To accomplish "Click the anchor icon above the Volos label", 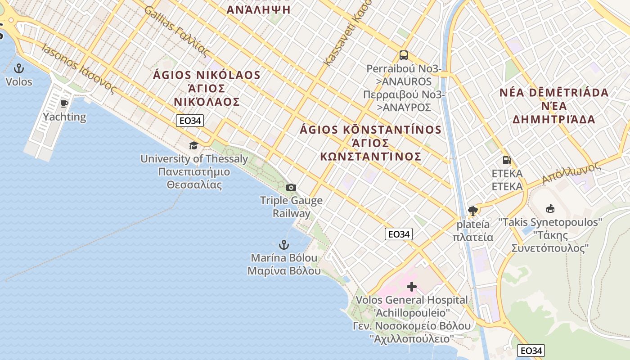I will pyautogui.click(x=19, y=68).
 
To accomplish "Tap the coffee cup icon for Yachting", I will pyautogui.click(x=64, y=104).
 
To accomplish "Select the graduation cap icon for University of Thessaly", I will pyautogui.click(x=193, y=145).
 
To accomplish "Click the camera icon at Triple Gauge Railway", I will pyautogui.click(x=291, y=187).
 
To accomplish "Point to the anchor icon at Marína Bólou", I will pyautogui.click(x=283, y=245).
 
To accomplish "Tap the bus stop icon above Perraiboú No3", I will pyautogui.click(x=404, y=55).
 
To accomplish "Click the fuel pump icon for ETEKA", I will pyautogui.click(x=507, y=160).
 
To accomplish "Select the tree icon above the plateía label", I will pyautogui.click(x=473, y=211).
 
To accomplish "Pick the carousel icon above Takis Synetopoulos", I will pyautogui.click(x=550, y=209).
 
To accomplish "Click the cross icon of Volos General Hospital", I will pyautogui.click(x=411, y=287).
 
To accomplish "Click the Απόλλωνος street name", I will pyautogui.click(x=571, y=172).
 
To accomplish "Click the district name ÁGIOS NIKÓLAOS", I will pyautogui.click(x=207, y=75).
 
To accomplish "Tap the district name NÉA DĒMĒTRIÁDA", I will pyautogui.click(x=554, y=93).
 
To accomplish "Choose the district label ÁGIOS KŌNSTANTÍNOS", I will pyautogui.click(x=371, y=130).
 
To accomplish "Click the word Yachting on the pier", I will pyautogui.click(x=64, y=117).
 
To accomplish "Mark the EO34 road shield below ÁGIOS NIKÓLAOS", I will pyautogui.click(x=189, y=121).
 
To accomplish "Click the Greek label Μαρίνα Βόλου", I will pyautogui.click(x=284, y=271).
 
